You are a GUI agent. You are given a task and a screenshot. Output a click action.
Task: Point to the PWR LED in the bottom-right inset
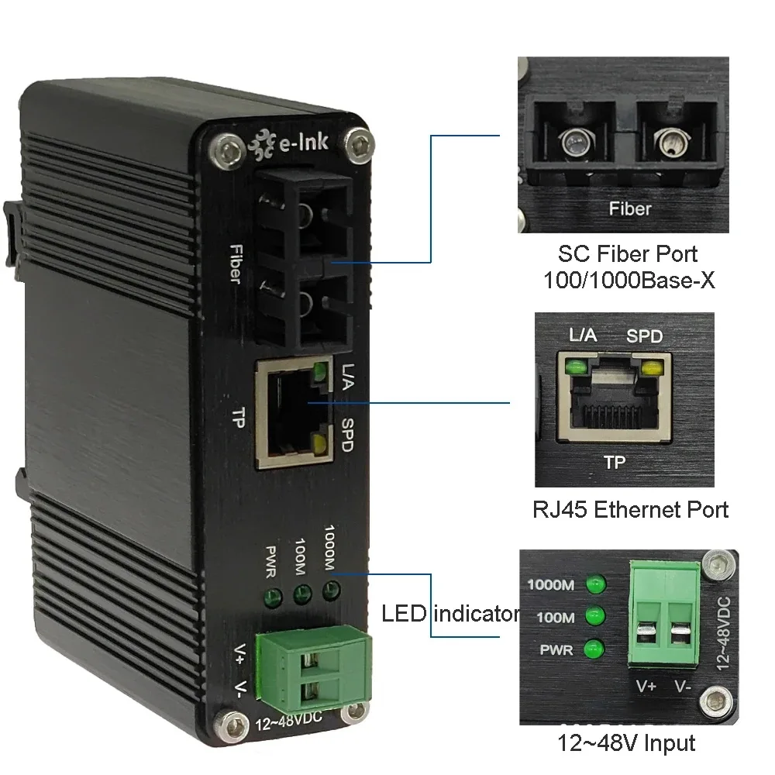coord(595,648)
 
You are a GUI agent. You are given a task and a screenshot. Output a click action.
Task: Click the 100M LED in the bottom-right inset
coord(595,617)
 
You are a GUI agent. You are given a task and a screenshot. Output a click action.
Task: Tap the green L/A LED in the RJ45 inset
coord(575,366)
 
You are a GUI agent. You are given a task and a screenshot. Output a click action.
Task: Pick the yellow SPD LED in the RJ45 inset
coord(653,366)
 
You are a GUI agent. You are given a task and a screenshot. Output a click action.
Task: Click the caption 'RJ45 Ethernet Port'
coord(630,509)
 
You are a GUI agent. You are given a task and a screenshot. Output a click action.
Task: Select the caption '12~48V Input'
coord(626,744)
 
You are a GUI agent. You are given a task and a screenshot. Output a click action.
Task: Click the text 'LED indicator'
coord(450,615)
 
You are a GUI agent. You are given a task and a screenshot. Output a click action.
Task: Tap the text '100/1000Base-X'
coord(628,280)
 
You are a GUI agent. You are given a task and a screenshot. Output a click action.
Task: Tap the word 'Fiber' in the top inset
coord(630,208)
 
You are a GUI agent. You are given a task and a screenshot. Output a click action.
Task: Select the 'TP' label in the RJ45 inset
coord(614,463)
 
